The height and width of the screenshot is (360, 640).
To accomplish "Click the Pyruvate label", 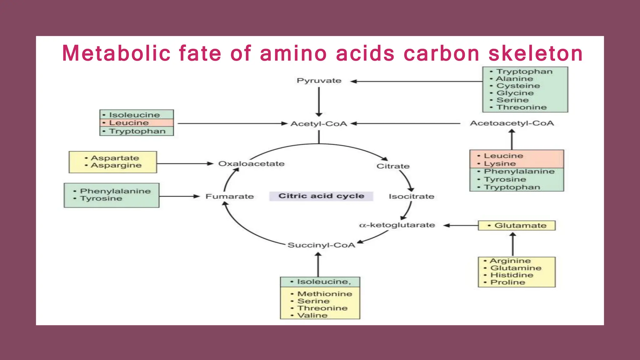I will click(x=319, y=81).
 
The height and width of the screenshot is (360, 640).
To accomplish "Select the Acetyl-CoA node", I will click(x=319, y=124).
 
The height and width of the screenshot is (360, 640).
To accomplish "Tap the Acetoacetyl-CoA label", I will click(x=512, y=123).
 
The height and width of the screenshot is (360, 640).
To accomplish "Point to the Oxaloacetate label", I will click(x=251, y=164).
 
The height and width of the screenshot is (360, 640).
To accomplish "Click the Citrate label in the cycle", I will click(x=393, y=166).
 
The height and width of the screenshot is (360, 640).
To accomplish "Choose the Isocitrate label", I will click(x=411, y=197).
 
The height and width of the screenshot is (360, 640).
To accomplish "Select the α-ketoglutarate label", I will click(x=397, y=225).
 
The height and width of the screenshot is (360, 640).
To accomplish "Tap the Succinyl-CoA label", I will click(x=321, y=245).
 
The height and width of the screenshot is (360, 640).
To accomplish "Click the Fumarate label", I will click(x=229, y=197).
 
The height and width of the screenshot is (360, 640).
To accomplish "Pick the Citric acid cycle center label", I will click(x=321, y=196).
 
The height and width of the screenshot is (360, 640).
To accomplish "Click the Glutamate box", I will click(x=517, y=226).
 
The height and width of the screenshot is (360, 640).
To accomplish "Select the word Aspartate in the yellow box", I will click(x=115, y=158).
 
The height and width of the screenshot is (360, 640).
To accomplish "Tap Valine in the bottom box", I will click(x=312, y=315).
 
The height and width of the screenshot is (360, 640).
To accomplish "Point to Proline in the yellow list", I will click(x=507, y=282).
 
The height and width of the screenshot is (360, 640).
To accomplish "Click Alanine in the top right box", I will click(x=514, y=79).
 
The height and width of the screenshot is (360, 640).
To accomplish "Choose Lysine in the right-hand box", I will click(x=500, y=164).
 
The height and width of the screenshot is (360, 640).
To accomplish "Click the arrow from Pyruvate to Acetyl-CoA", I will click(x=319, y=102).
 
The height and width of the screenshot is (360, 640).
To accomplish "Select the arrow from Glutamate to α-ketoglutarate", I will click(x=461, y=225).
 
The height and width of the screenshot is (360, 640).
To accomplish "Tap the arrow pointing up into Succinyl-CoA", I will click(x=318, y=264).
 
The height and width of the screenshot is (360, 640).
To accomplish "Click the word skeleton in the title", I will click(x=536, y=53).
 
